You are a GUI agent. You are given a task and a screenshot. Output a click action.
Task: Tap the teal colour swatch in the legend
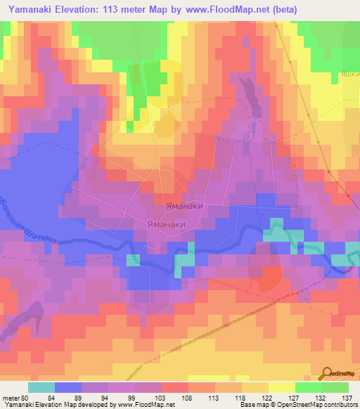41,387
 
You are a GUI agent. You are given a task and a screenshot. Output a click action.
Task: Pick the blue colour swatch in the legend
68,387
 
